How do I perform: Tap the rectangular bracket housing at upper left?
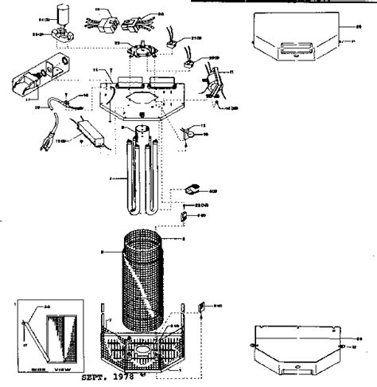[37, 80]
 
